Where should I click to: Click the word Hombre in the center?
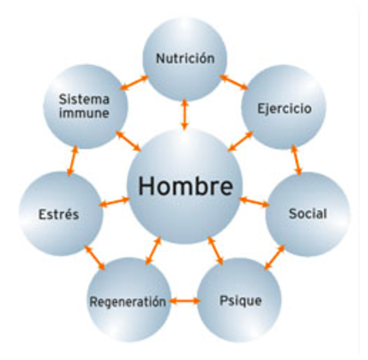point(185,186)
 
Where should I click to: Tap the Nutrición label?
point(185,58)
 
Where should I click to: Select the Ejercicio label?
point(284,109)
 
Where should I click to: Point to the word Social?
point(307,214)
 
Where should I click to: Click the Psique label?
point(241,300)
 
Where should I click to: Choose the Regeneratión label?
point(128,302)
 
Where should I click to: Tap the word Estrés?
point(59,214)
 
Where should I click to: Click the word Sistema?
point(84,99)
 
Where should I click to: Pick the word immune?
point(84,113)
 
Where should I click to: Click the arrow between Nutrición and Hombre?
point(184,114)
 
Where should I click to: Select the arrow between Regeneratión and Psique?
point(184,301)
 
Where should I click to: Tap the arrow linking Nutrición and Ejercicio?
point(233,82)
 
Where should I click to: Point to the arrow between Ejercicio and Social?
point(296,160)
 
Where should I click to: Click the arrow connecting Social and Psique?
point(274,258)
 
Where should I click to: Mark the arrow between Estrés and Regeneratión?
point(94,258)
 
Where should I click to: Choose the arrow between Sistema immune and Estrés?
point(72,160)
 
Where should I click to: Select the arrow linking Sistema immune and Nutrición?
point(135,83)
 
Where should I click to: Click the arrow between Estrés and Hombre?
point(114,202)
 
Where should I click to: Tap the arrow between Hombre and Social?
point(254,201)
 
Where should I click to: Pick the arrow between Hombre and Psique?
point(216,250)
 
